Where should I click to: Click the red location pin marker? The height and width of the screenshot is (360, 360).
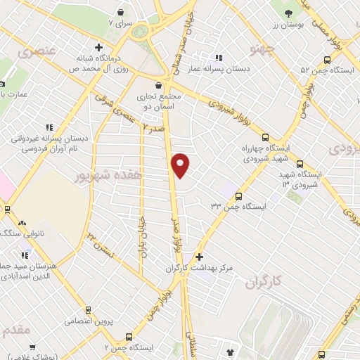[x=181, y=165]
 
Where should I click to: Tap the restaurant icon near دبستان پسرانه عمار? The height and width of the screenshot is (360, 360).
[x=219, y=58]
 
